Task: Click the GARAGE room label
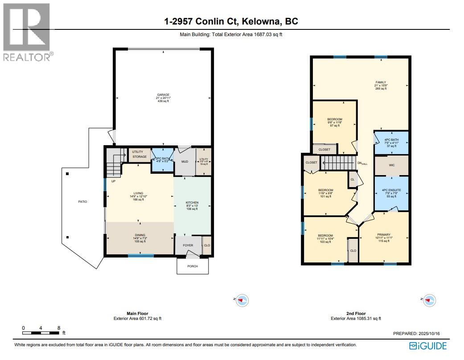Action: (x=162, y=95)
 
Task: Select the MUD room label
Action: (x=184, y=162)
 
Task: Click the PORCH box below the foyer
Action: (x=192, y=266)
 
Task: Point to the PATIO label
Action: (x=82, y=202)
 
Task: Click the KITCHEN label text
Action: (x=192, y=203)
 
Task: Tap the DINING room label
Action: (x=140, y=235)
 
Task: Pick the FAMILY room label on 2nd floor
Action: (x=380, y=82)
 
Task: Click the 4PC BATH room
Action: (x=391, y=143)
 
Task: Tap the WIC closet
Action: (x=391, y=165)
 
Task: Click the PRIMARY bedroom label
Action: (x=383, y=235)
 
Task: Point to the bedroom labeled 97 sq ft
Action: (x=334, y=119)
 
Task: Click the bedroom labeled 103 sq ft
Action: (x=325, y=236)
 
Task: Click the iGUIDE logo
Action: (x=427, y=346)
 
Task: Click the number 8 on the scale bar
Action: (x=59, y=328)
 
